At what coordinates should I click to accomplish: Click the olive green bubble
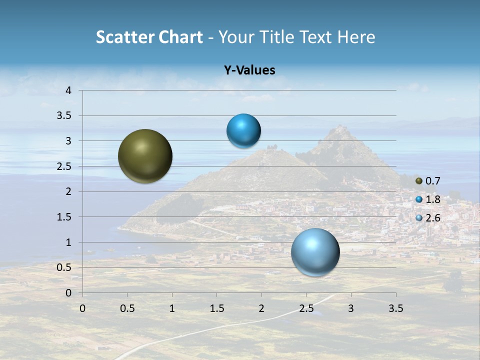[x=145, y=156]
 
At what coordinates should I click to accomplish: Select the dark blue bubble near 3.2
[x=243, y=131]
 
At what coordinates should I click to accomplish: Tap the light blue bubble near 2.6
[x=315, y=252]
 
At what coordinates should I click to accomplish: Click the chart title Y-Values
[x=249, y=70]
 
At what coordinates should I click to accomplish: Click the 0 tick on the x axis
[x=82, y=308]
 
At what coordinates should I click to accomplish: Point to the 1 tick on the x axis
[x=172, y=308]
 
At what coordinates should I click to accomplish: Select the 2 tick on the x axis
[x=261, y=308]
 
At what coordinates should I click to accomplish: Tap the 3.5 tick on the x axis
[x=396, y=308]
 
